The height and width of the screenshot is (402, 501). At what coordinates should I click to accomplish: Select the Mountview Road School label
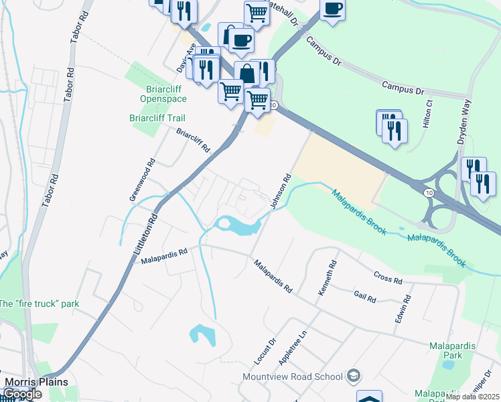point(293,377)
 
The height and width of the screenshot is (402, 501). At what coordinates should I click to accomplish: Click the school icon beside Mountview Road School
point(353,377)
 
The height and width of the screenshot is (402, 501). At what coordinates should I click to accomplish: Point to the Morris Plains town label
point(36,382)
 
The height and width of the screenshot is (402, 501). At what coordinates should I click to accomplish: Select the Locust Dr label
point(265,352)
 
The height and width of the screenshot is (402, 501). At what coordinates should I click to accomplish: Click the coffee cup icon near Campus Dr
point(332,9)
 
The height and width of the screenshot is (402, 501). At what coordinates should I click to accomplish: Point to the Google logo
point(22,395)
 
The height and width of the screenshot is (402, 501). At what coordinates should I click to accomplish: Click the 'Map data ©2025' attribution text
point(472,397)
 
